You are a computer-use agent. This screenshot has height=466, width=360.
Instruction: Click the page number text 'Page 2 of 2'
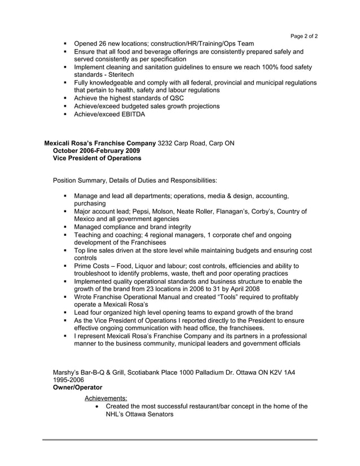(304, 36)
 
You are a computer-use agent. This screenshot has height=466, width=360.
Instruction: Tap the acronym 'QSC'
(169, 98)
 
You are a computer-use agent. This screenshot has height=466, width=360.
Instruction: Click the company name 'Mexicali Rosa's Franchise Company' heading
(100, 143)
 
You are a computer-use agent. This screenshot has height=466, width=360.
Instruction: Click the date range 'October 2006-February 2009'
(96, 151)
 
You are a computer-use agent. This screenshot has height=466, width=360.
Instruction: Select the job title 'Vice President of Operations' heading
(96, 159)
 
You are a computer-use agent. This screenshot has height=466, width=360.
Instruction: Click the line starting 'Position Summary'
(134, 181)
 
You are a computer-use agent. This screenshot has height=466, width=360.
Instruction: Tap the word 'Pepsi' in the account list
(156, 212)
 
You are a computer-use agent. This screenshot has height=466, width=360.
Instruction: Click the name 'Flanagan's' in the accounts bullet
(247, 212)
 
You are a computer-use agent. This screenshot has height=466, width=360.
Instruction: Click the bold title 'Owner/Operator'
(77, 388)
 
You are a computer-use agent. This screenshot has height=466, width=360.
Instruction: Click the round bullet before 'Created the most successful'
(100, 406)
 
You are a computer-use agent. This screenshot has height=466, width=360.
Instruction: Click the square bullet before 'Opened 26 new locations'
(66, 44)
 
